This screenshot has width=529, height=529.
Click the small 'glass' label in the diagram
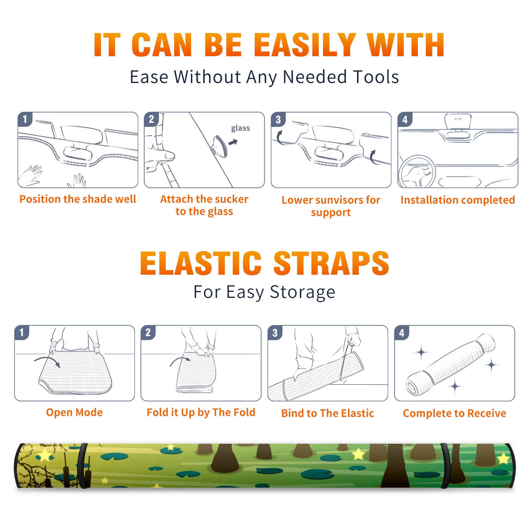(x=240, y=128)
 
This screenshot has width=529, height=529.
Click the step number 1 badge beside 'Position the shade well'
(x=25, y=119)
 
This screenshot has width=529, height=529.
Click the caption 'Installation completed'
(x=458, y=200)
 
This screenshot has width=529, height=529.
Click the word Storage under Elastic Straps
(x=303, y=292)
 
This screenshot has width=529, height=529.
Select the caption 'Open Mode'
(x=74, y=412)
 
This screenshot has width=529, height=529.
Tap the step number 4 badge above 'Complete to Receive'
(x=402, y=333)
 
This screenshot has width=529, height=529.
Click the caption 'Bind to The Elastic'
(x=328, y=413)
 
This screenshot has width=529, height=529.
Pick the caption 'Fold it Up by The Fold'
(x=201, y=413)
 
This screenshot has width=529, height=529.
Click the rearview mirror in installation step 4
(x=457, y=121)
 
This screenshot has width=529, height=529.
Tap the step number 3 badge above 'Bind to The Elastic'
(x=275, y=333)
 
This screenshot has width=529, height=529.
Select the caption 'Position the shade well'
(x=78, y=199)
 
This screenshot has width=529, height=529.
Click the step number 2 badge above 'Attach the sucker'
(x=151, y=119)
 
